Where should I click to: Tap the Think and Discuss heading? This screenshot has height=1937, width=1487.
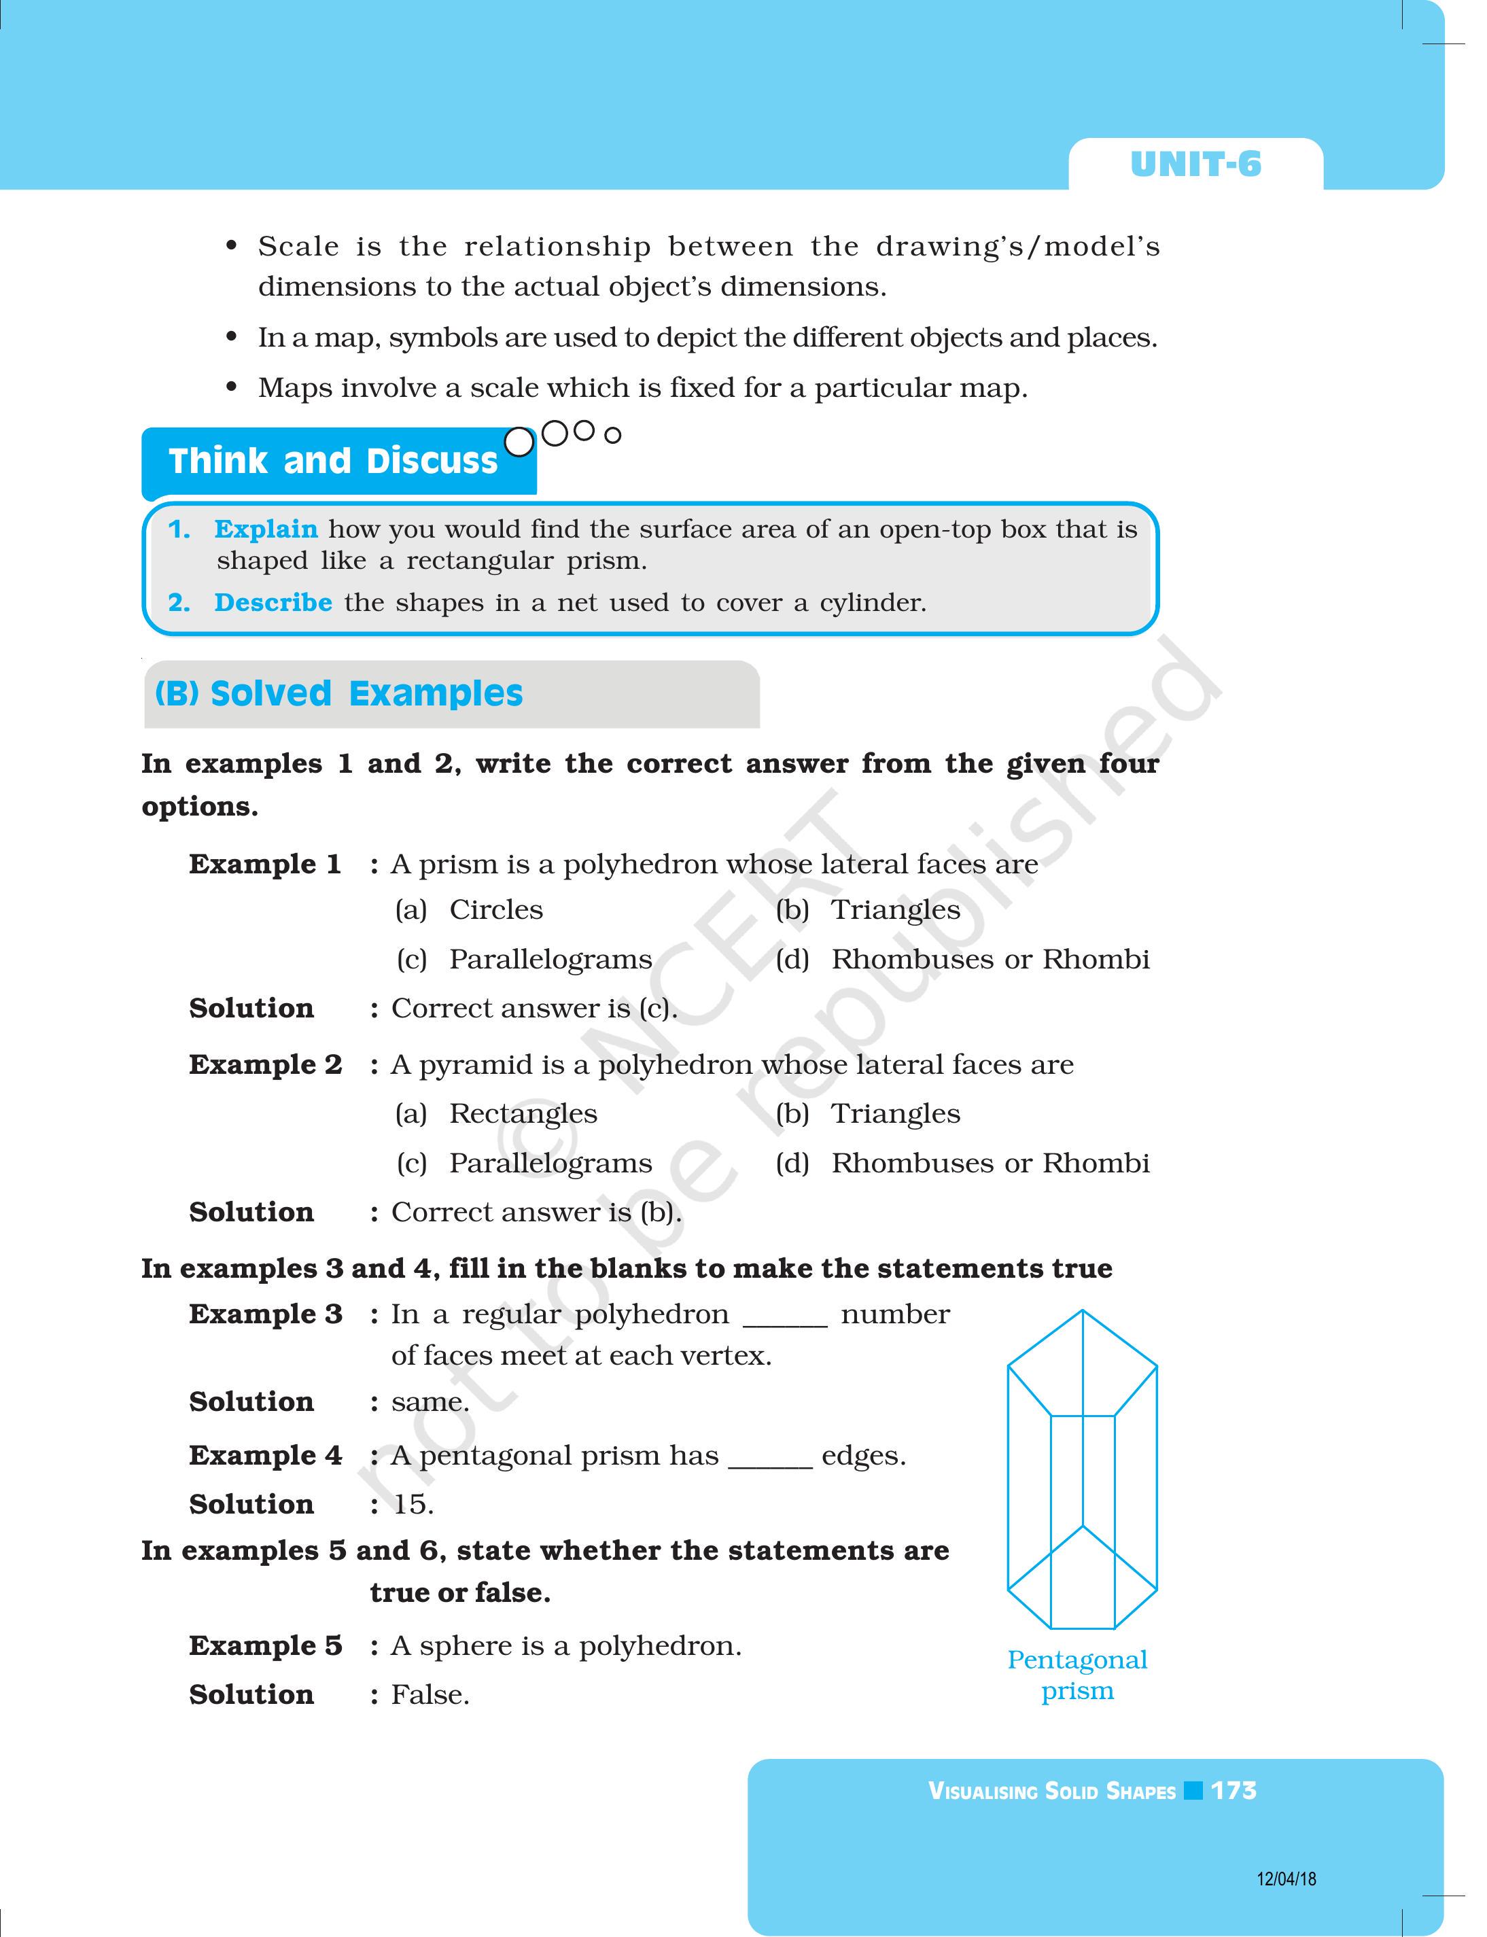point(333,461)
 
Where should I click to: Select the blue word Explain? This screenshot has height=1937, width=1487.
point(266,529)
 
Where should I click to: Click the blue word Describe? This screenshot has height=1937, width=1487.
point(273,603)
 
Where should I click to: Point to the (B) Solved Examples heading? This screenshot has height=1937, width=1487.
point(339,693)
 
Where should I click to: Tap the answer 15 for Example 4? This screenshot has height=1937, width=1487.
point(413,1504)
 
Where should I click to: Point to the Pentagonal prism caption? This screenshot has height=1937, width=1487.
point(1077,1675)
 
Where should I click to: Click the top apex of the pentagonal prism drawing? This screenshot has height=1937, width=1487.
point(1083,1311)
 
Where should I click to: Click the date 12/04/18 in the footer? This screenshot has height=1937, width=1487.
point(1286,1879)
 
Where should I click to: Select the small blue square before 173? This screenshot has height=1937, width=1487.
point(1193,1791)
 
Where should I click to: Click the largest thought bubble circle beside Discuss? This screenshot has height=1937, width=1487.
point(519,442)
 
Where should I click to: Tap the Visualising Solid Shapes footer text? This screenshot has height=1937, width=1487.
point(1051,1792)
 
